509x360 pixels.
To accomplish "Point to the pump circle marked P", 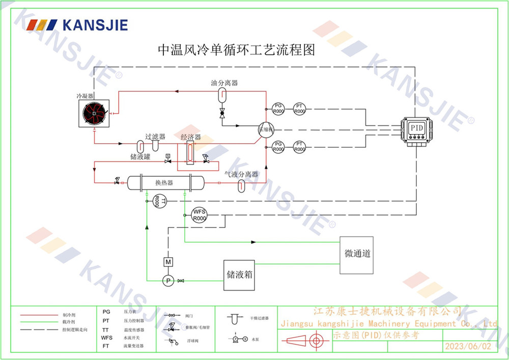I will click(x=167, y=281).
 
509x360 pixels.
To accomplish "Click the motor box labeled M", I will click(x=168, y=262).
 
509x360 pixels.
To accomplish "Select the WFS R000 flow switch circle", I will click(x=199, y=215).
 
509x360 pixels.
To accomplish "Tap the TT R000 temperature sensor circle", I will click(x=157, y=202).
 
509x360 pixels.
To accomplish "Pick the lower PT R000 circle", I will click(x=299, y=147).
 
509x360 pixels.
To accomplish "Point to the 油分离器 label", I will click(x=224, y=82).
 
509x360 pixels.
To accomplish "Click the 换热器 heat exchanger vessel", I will click(x=164, y=182).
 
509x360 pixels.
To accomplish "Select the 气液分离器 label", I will click(x=241, y=174).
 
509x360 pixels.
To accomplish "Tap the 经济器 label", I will click(x=191, y=137).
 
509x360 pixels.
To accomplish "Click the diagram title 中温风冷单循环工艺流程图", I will click(x=237, y=50).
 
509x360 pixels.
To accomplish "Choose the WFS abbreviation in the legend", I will click(x=107, y=338).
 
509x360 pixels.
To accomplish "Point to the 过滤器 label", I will click(x=155, y=136).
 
